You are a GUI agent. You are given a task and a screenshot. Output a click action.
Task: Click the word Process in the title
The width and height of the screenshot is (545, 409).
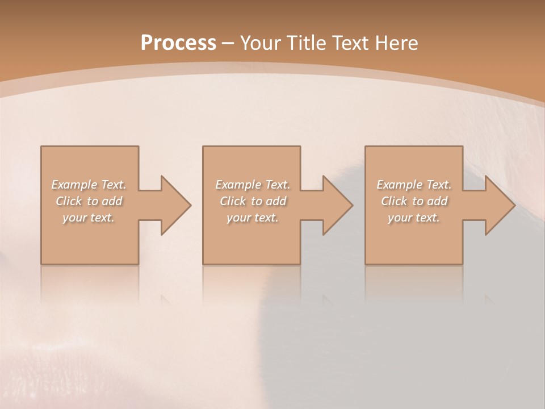pyautogui.click(x=178, y=43)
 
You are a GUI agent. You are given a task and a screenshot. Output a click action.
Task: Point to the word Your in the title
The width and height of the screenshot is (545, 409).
pyautogui.click(x=261, y=43)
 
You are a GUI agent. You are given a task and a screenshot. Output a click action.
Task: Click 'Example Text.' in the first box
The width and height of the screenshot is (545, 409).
pyautogui.click(x=89, y=185)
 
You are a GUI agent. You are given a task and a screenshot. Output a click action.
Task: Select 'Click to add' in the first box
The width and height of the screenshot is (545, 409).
pyautogui.click(x=89, y=201)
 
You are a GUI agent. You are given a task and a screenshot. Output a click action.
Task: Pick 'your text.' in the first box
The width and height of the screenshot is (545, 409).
pyautogui.click(x=89, y=218)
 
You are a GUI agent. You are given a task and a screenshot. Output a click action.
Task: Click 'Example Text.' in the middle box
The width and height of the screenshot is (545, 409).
pyautogui.click(x=253, y=185)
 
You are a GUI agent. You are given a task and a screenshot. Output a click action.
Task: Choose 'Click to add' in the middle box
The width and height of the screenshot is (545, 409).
pyautogui.click(x=253, y=201)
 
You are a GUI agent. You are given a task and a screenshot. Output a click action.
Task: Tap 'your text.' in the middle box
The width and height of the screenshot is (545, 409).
pyautogui.click(x=253, y=218)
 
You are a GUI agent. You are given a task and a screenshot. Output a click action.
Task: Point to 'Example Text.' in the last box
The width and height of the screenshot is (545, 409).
pyautogui.click(x=414, y=185)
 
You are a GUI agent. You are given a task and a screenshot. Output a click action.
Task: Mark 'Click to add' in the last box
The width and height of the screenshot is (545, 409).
pyautogui.click(x=414, y=201)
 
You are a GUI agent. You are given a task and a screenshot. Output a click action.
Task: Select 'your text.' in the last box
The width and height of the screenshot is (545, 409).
pyautogui.click(x=414, y=218)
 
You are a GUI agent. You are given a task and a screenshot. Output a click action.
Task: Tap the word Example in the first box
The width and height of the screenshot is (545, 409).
pyautogui.click(x=74, y=185)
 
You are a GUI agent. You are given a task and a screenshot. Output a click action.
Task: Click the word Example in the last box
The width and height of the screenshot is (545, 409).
pyautogui.click(x=399, y=185)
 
